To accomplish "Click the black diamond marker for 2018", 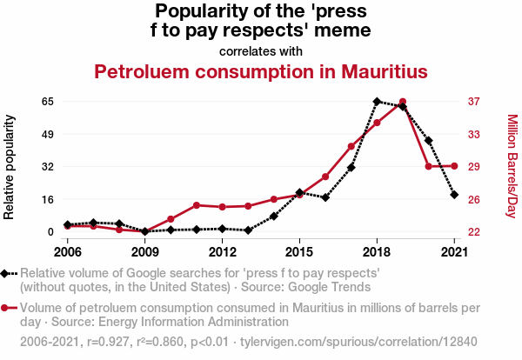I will point(377,102).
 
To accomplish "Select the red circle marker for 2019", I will point(403,102).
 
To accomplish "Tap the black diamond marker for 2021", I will point(454,195).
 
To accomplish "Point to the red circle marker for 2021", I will point(454,166).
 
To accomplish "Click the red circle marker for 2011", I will point(197,205).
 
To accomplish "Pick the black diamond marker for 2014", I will point(274,216).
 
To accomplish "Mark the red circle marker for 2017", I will point(351,146).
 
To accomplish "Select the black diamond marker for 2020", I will point(429,140).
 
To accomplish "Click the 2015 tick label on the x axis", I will point(299,252).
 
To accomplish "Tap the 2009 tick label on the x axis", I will point(145,252).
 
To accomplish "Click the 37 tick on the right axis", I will point(473,102).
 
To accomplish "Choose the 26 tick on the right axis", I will point(473,199).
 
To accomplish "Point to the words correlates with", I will point(261,50).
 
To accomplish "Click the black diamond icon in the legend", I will point(8,274).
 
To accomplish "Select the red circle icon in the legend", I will point(8,307).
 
